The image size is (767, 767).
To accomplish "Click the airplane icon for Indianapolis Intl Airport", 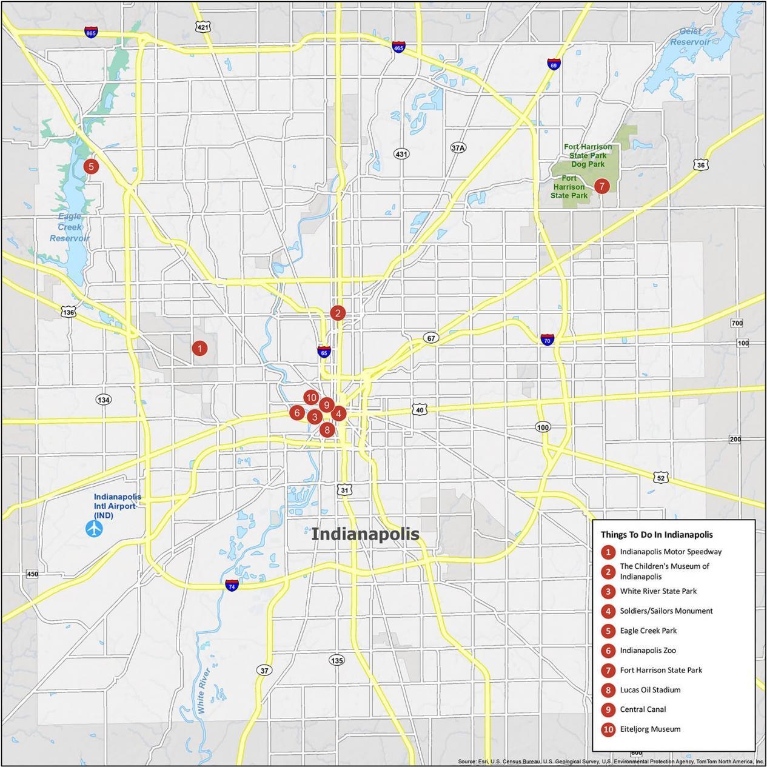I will [x=94, y=528].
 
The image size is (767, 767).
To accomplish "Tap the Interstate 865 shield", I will [x=91, y=32].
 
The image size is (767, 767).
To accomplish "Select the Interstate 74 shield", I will [x=231, y=585].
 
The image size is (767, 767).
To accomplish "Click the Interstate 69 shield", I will [x=553, y=64].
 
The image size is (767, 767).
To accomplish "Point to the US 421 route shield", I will [x=203, y=27].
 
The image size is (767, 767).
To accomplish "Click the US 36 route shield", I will [x=700, y=165].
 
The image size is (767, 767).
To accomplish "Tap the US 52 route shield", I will [x=661, y=478].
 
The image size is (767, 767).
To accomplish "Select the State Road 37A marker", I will [x=458, y=147].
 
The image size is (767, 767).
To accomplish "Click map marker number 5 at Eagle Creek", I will [x=91, y=166].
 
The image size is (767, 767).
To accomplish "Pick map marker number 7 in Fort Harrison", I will [x=601, y=186].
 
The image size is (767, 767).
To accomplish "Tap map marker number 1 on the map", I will [x=199, y=348].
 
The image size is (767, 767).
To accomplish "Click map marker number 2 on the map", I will [x=338, y=313].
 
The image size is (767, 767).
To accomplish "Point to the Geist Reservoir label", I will [x=689, y=36].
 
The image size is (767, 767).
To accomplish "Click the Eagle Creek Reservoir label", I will [x=70, y=227].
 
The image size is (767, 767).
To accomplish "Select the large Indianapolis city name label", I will [x=365, y=534].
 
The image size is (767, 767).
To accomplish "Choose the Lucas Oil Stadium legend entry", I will [x=650, y=689].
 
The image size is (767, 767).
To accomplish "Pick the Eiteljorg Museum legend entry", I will [x=650, y=729].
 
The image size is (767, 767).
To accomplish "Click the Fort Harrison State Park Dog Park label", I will [x=588, y=155].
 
